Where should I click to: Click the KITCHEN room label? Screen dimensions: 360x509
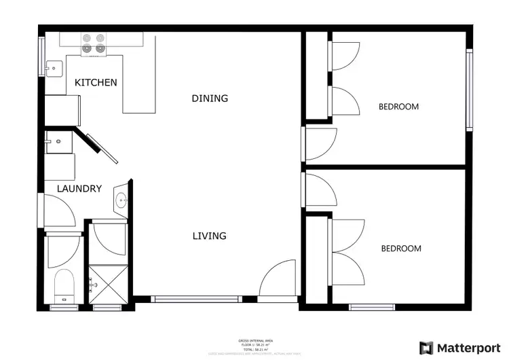pyautogui.click(x=96, y=83)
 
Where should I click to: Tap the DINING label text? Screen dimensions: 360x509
pyautogui.click(x=210, y=98)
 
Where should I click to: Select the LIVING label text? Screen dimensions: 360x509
pyautogui.click(x=209, y=236)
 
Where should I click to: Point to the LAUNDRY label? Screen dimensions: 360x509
pyautogui.click(x=79, y=189)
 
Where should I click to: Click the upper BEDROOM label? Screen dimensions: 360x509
pyautogui.click(x=398, y=107)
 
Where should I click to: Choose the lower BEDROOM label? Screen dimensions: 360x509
pyautogui.click(x=400, y=249)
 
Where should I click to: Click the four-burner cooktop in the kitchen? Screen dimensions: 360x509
pyautogui.click(x=94, y=43)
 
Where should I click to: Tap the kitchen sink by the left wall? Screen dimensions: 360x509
pyautogui.click(x=54, y=67)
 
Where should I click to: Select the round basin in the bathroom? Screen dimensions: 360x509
pyautogui.click(x=121, y=200)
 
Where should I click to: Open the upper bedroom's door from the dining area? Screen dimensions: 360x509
pyautogui.click(x=319, y=144)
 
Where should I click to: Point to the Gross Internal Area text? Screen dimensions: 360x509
pyautogui.click(x=254, y=340)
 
